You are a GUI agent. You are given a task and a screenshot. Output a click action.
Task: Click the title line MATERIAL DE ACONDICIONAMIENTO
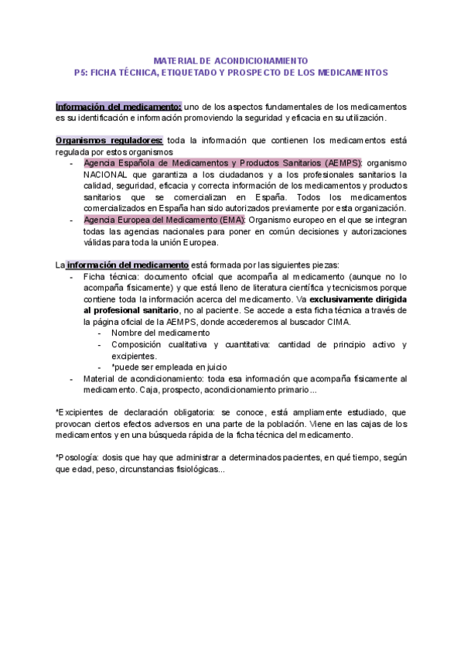(231, 60)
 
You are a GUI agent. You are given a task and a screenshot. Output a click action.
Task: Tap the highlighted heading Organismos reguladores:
(109, 140)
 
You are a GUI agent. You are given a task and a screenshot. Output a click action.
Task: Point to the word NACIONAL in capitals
(104, 175)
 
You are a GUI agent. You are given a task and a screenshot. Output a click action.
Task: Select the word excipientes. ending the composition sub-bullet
(135, 356)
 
